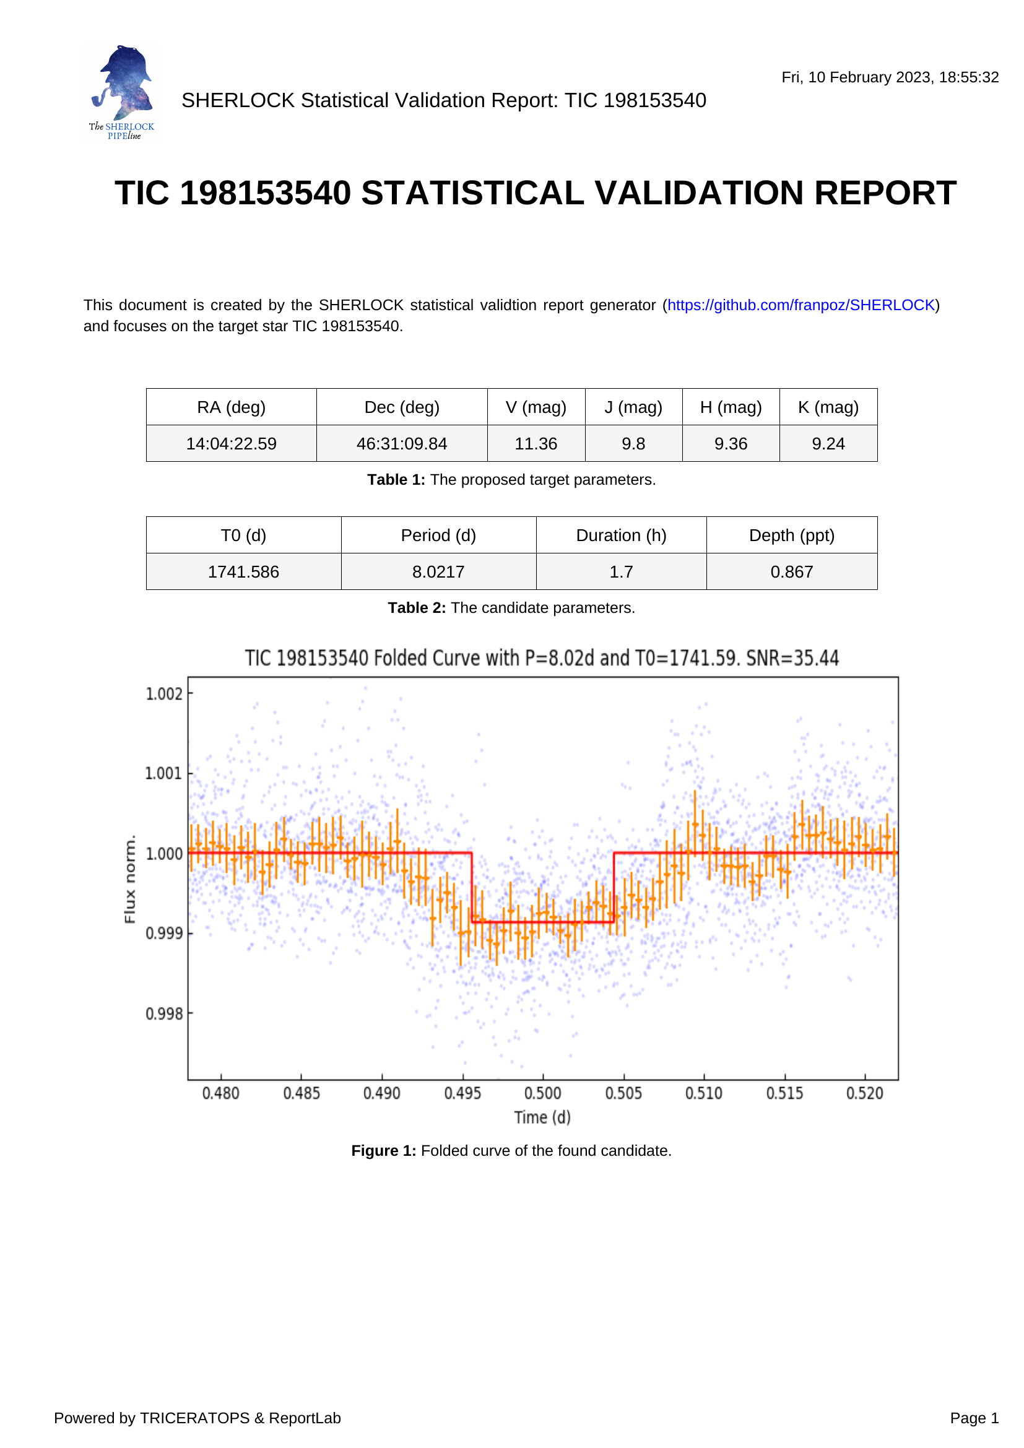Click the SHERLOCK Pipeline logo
123,92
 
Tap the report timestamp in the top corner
890,77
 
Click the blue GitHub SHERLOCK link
801,305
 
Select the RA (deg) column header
232,407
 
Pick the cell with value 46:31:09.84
402,443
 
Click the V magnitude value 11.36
536,443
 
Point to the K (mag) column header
828,407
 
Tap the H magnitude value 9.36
731,443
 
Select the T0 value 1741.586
243,571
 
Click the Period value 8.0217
438,571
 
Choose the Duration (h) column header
621,535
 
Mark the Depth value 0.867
791,571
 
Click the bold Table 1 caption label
396,480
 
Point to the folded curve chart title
542,658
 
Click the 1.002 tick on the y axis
164,694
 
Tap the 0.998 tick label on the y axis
164,1013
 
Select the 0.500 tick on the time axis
543,1093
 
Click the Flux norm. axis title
130,879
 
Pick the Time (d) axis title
542,1117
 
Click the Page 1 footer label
974,1418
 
